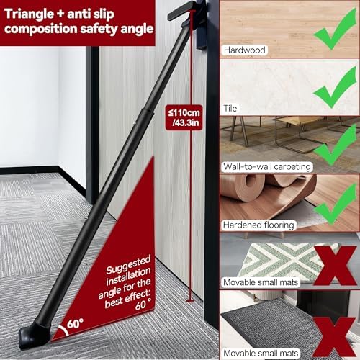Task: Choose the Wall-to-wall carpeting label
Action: tap(267, 166)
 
